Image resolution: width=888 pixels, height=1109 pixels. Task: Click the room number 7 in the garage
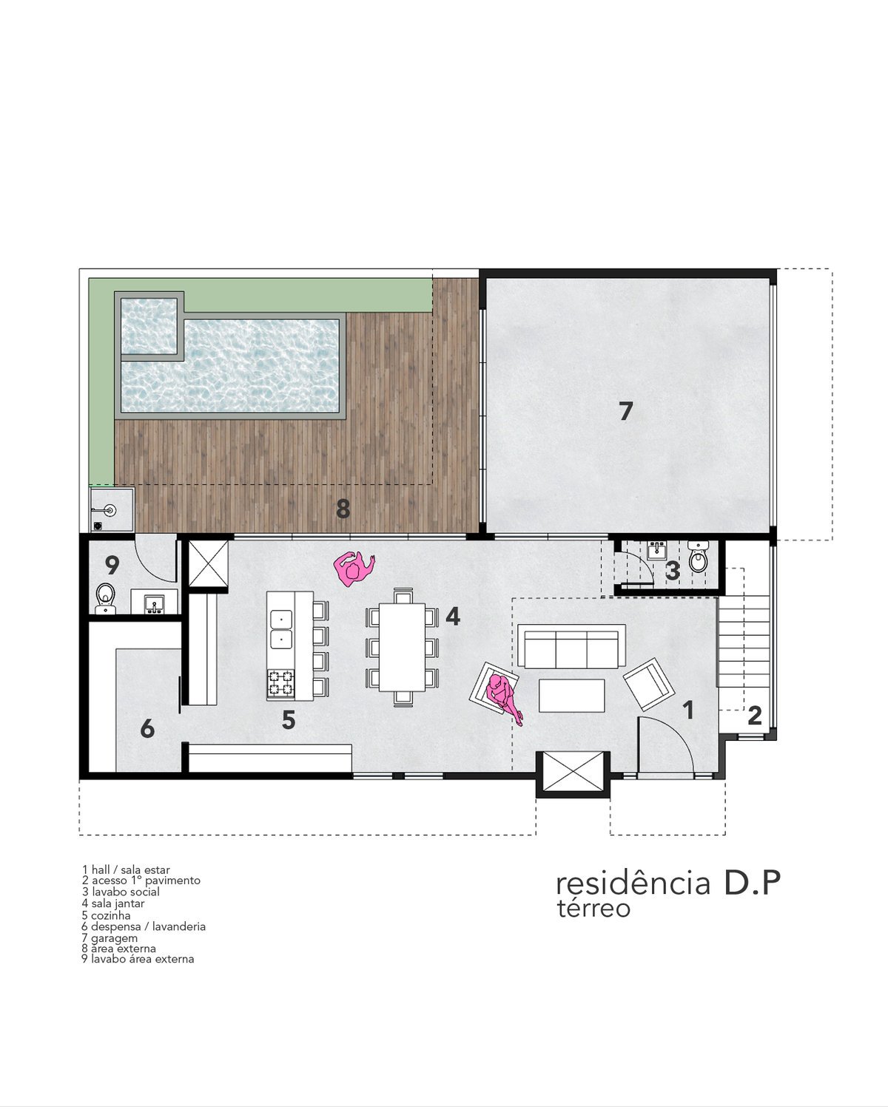[625, 411]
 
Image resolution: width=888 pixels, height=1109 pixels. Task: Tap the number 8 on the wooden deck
[343, 509]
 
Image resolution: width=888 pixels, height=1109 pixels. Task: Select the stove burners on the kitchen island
[280, 683]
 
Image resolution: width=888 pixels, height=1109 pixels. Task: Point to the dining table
[401, 647]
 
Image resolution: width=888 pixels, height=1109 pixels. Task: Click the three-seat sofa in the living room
[571, 646]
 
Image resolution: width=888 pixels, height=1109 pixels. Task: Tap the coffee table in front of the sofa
[571, 695]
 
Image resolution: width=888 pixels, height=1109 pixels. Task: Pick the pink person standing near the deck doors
[354, 568]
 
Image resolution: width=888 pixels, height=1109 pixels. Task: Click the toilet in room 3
[698, 557]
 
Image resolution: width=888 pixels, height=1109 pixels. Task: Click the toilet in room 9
[105, 599]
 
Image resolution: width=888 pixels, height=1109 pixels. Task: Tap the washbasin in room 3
[656, 550]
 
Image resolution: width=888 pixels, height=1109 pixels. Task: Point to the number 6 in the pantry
[147, 729]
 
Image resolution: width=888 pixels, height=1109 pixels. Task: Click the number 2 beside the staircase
[754, 715]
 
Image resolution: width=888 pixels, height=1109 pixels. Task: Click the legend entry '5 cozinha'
[106, 915]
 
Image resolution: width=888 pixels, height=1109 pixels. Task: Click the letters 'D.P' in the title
[751, 882]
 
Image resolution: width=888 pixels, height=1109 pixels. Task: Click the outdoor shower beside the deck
[111, 509]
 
